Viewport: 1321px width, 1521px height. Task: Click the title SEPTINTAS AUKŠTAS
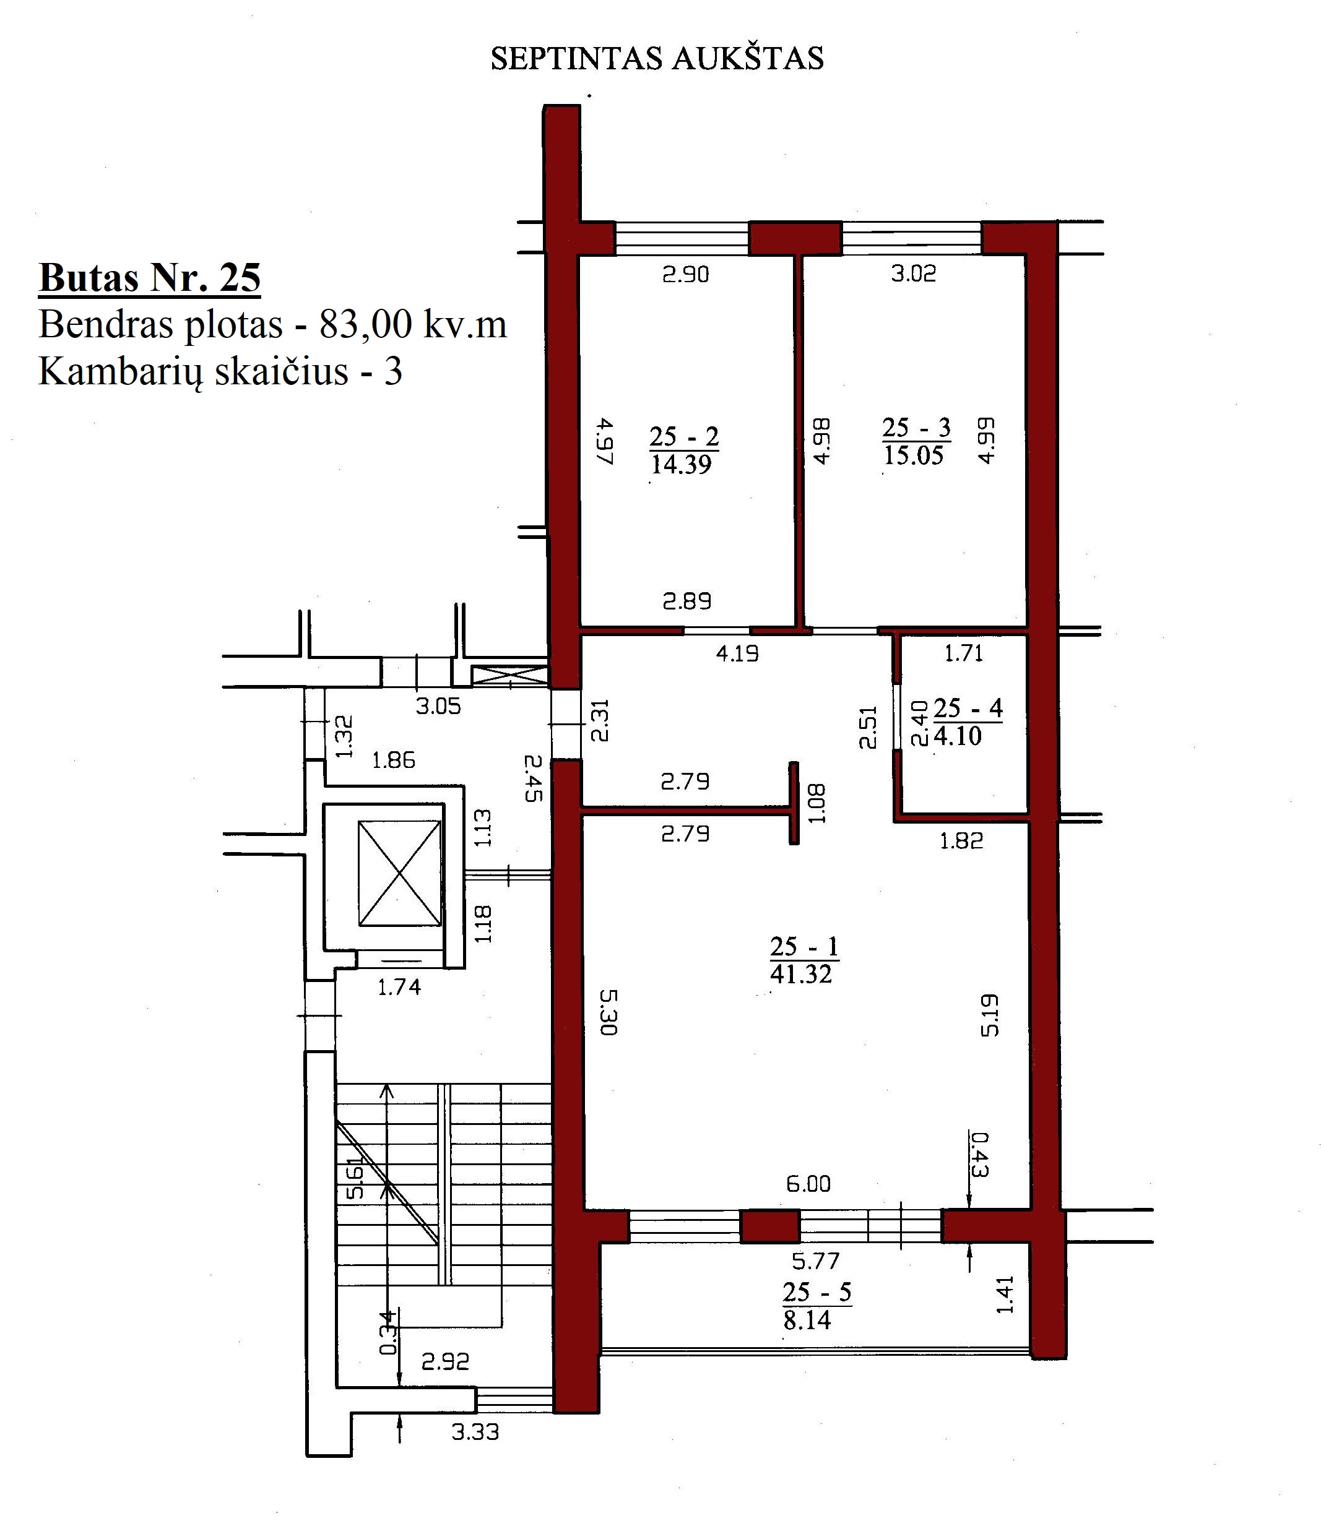(657, 58)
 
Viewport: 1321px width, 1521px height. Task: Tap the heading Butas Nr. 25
(150, 278)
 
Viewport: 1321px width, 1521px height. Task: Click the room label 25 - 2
(684, 437)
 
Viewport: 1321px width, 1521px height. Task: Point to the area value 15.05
(914, 455)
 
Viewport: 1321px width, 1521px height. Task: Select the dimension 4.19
(738, 653)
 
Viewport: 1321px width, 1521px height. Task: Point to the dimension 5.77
(816, 1261)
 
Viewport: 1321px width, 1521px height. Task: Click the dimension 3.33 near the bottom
(475, 1432)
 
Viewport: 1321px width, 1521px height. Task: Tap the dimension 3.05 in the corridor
(439, 706)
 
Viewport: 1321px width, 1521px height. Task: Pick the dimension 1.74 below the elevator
(399, 987)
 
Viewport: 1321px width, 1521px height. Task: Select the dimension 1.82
(962, 841)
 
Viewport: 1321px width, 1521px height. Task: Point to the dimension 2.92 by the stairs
(445, 1361)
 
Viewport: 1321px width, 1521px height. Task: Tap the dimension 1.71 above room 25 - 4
(964, 653)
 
